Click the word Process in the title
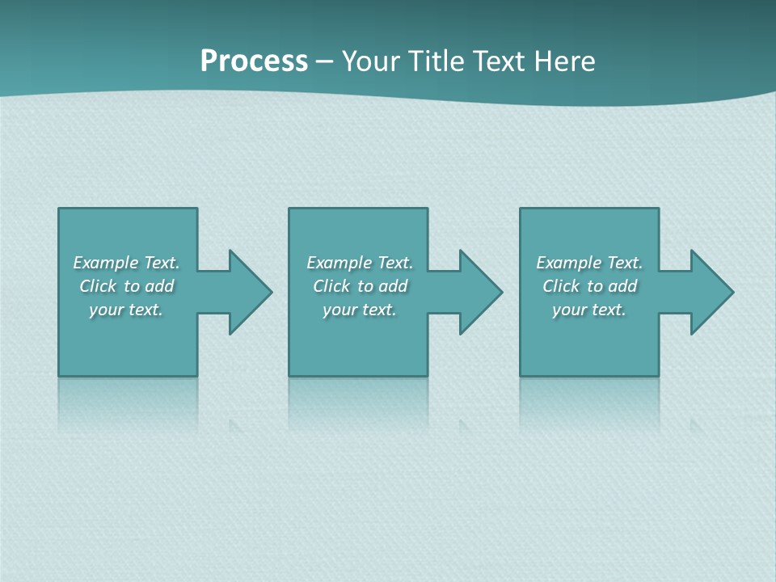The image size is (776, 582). pos(254,61)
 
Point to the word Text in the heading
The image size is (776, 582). pos(500,61)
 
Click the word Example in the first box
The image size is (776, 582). pos(106,263)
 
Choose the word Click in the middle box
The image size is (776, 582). pos(331,286)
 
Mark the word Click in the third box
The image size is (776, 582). pos(561,286)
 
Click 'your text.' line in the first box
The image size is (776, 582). pos(126,310)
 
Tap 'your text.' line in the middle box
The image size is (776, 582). pos(360,310)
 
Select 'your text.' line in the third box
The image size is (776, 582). pos(589,310)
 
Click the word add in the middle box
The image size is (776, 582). pos(393,286)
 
